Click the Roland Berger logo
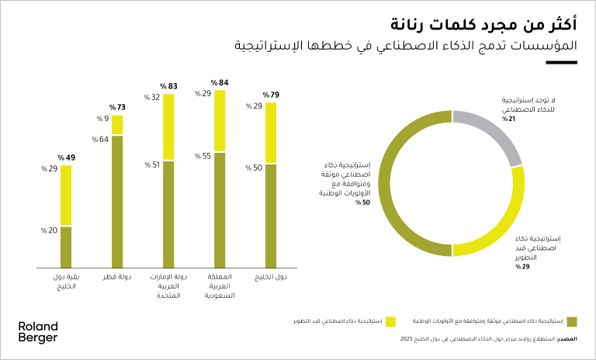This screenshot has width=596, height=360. [x=37, y=332]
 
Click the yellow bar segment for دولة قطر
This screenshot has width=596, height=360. [x=117, y=125]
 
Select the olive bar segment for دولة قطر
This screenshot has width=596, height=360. [x=117, y=201]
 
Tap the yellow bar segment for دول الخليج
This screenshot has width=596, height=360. [x=271, y=133]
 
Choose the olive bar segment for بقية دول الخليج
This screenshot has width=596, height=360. [x=66, y=246]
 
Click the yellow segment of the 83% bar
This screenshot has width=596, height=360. [x=168, y=127]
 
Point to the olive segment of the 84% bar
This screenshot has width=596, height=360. [x=220, y=209]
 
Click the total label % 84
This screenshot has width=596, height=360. [x=220, y=82]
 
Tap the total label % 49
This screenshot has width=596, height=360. [x=66, y=157]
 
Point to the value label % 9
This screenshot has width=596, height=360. [x=102, y=119]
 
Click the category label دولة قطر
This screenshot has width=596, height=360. [x=117, y=277]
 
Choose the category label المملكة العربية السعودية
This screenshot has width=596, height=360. [x=220, y=286]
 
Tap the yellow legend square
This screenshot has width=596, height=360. [x=390, y=320]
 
